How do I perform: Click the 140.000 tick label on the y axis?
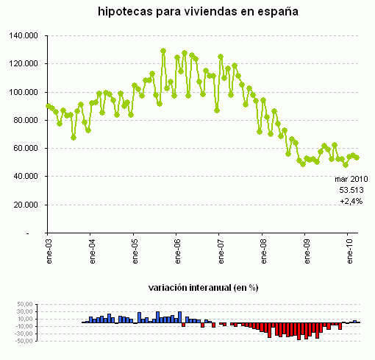(24, 35)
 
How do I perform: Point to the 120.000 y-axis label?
(24, 63)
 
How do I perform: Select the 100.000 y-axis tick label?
(24, 92)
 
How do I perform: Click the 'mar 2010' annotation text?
(351, 179)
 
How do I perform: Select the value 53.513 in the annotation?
(352, 190)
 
